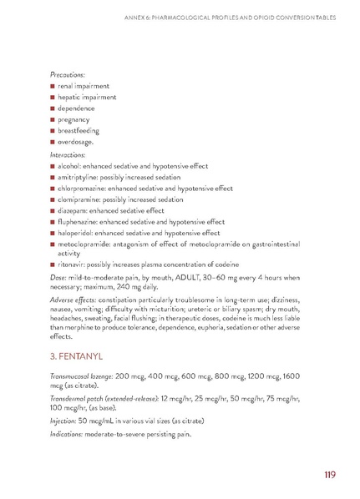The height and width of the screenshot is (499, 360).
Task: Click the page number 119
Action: [327, 475]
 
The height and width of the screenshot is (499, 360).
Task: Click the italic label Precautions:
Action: [69, 73]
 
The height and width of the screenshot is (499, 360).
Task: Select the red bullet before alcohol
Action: [52, 168]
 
